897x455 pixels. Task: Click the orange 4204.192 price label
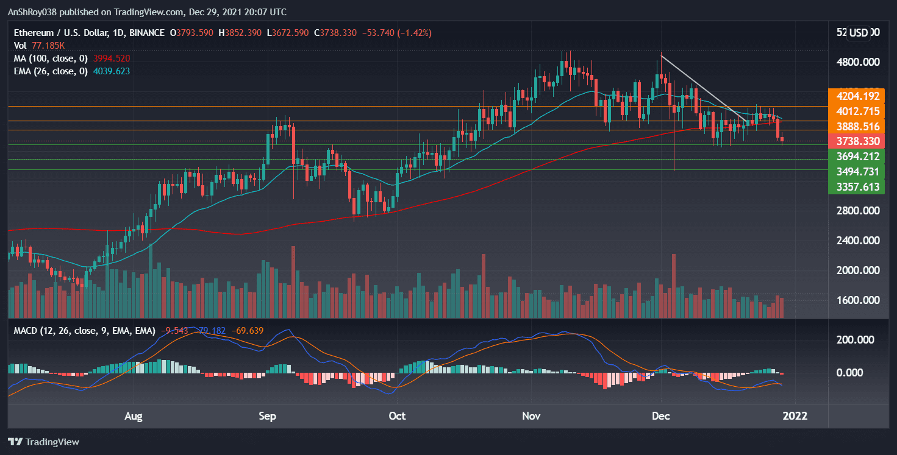(857, 96)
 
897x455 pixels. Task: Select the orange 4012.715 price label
(857, 111)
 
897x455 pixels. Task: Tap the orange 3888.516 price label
(857, 127)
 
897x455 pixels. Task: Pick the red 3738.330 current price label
(857, 141)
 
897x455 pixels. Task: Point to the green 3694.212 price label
(857, 157)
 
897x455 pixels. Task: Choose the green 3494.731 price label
(857, 172)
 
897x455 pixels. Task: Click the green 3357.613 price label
(857, 186)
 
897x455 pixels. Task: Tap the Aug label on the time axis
(133, 416)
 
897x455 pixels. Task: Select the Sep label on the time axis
(267, 416)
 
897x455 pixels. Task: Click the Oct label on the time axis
(397, 416)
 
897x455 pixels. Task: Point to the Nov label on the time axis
(531, 416)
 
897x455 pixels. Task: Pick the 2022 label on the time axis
(795, 416)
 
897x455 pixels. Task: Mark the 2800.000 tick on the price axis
(857, 211)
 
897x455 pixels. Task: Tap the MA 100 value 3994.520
(112, 58)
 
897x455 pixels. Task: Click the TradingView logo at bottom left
(43, 442)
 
